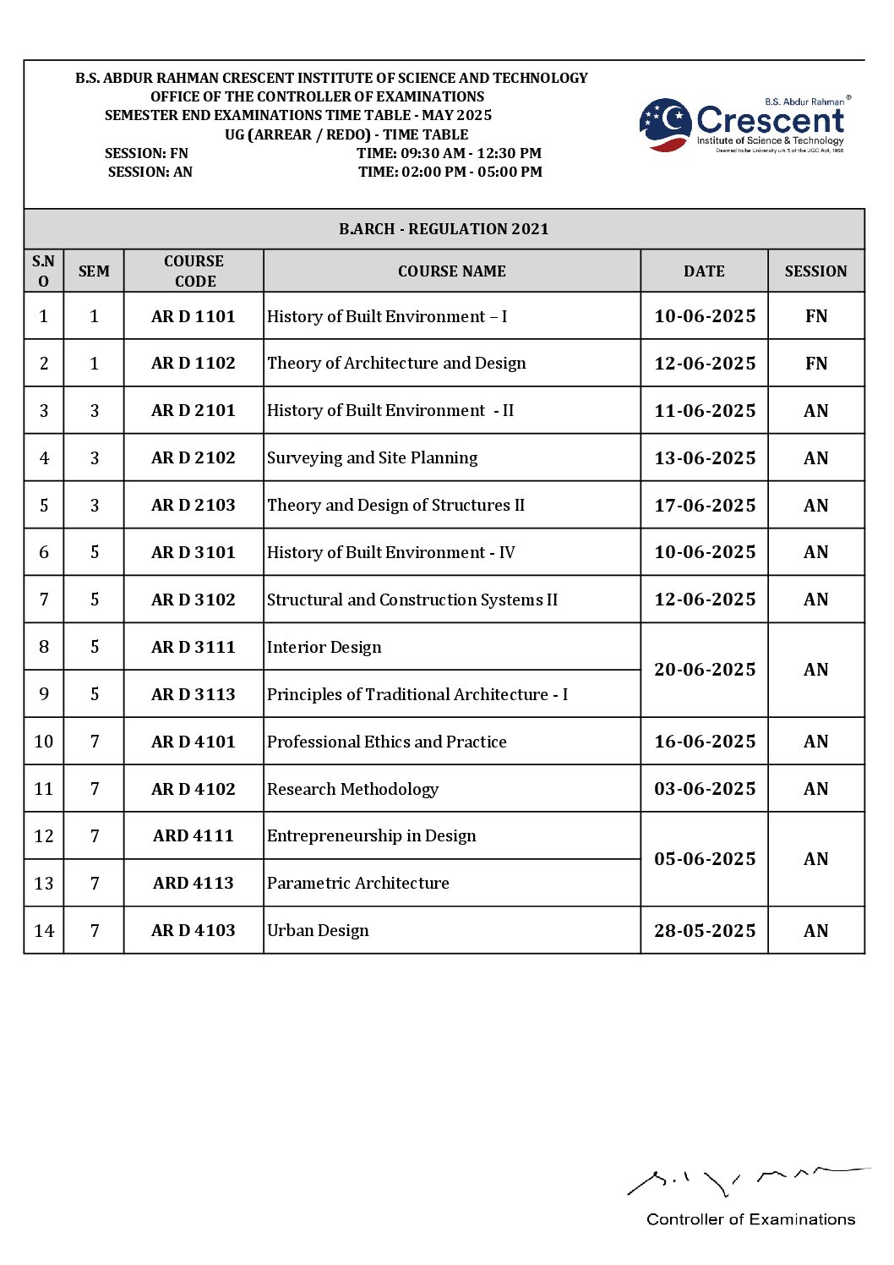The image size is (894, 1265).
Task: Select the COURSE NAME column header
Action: point(451,271)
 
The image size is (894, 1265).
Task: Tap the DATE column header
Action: point(704,271)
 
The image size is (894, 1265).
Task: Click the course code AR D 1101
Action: point(194,316)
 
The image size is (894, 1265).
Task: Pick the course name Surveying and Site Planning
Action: point(372,458)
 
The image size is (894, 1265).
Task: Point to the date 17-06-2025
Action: point(705,506)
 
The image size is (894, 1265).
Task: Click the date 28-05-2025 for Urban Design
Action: point(705,931)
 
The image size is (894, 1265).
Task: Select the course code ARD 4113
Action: point(194,884)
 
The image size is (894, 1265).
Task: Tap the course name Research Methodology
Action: point(352,789)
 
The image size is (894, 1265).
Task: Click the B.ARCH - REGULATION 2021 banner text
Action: point(444,229)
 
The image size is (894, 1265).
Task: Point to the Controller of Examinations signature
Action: point(744,1179)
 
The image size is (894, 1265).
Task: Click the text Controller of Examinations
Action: point(750,1219)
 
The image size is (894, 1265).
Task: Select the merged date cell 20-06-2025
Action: point(705,670)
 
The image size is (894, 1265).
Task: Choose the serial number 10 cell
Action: point(44,742)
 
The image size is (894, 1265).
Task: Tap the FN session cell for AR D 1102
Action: point(816,364)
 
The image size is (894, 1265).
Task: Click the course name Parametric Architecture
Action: point(358,884)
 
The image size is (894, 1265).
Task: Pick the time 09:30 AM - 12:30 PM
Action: point(449,153)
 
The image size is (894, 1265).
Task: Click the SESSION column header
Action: point(815,271)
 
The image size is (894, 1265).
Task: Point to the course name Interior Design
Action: point(324,648)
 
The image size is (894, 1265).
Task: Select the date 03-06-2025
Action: point(705,789)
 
